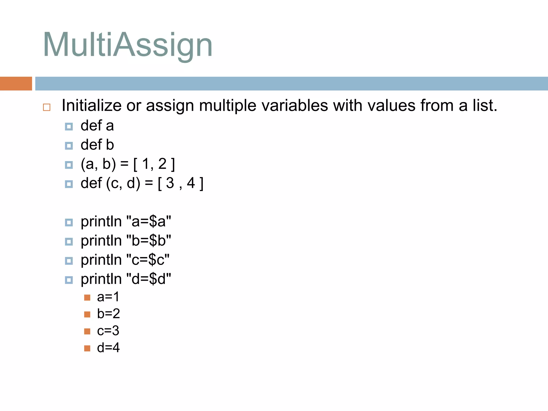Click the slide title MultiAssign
(x=128, y=45)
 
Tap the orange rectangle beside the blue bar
(x=16, y=83)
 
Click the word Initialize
(x=92, y=105)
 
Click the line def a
(x=97, y=126)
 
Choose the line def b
(x=97, y=145)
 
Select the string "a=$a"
(x=149, y=222)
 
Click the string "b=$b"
(x=149, y=241)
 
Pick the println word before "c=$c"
(x=101, y=260)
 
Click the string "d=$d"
(x=149, y=279)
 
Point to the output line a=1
(x=108, y=297)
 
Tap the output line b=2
(x=108, y=314)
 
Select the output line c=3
(x=108, y=331)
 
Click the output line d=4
(x=108, y=348)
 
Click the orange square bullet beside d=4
(x=87, y=348)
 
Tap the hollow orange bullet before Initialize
(x=47, y=107)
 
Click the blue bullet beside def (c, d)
(x=69, y=184)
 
